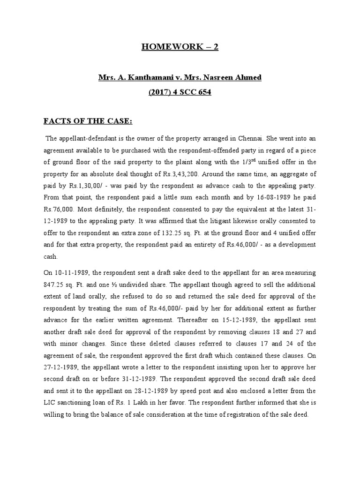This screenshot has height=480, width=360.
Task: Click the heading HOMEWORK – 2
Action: (x=180, y=47)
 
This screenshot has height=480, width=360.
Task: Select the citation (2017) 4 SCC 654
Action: (x=180, y=92)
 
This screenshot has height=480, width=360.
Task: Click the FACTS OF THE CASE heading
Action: (x=88, y=122)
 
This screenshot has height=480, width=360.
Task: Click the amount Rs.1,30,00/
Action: (x=73, y=185)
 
